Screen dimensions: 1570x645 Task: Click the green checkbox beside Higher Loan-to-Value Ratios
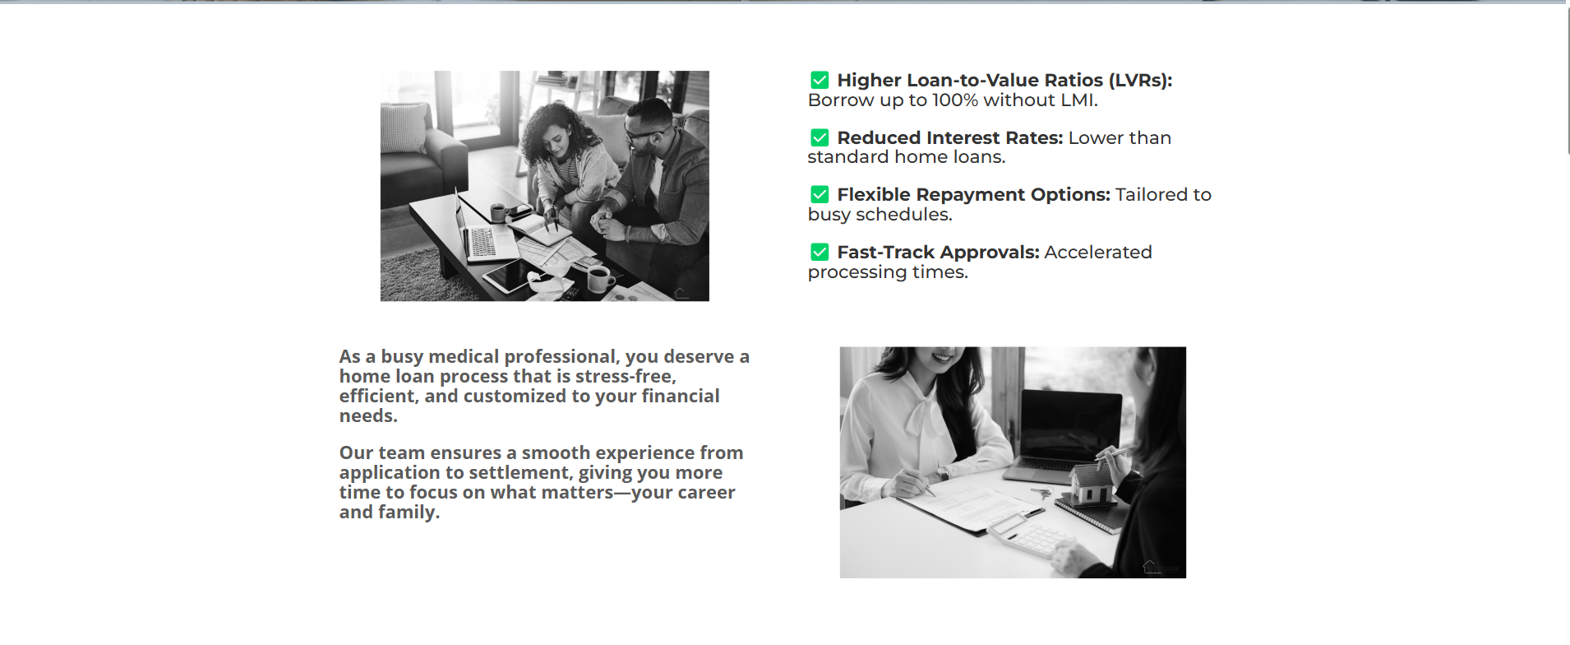click(x=820, y=80)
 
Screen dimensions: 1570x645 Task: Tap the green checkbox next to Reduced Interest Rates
click(x=820, y=137)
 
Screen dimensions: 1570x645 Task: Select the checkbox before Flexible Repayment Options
click(x=820, y=194)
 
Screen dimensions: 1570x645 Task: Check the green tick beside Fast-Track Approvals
click(x=820, y=252)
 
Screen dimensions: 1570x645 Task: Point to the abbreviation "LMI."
click(x=1079, y=100)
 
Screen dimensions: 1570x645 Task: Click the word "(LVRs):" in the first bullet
click(x=1140, y=81)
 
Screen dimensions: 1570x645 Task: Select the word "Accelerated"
click(x=1098, y=253)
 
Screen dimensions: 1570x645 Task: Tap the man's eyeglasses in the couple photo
click(x=640, y=133)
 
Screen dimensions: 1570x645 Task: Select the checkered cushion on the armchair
click(x=404, y=128)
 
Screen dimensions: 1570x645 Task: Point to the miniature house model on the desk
click(x=1092, y=485)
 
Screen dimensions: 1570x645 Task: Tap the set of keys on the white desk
click(x=1042, y=494)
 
